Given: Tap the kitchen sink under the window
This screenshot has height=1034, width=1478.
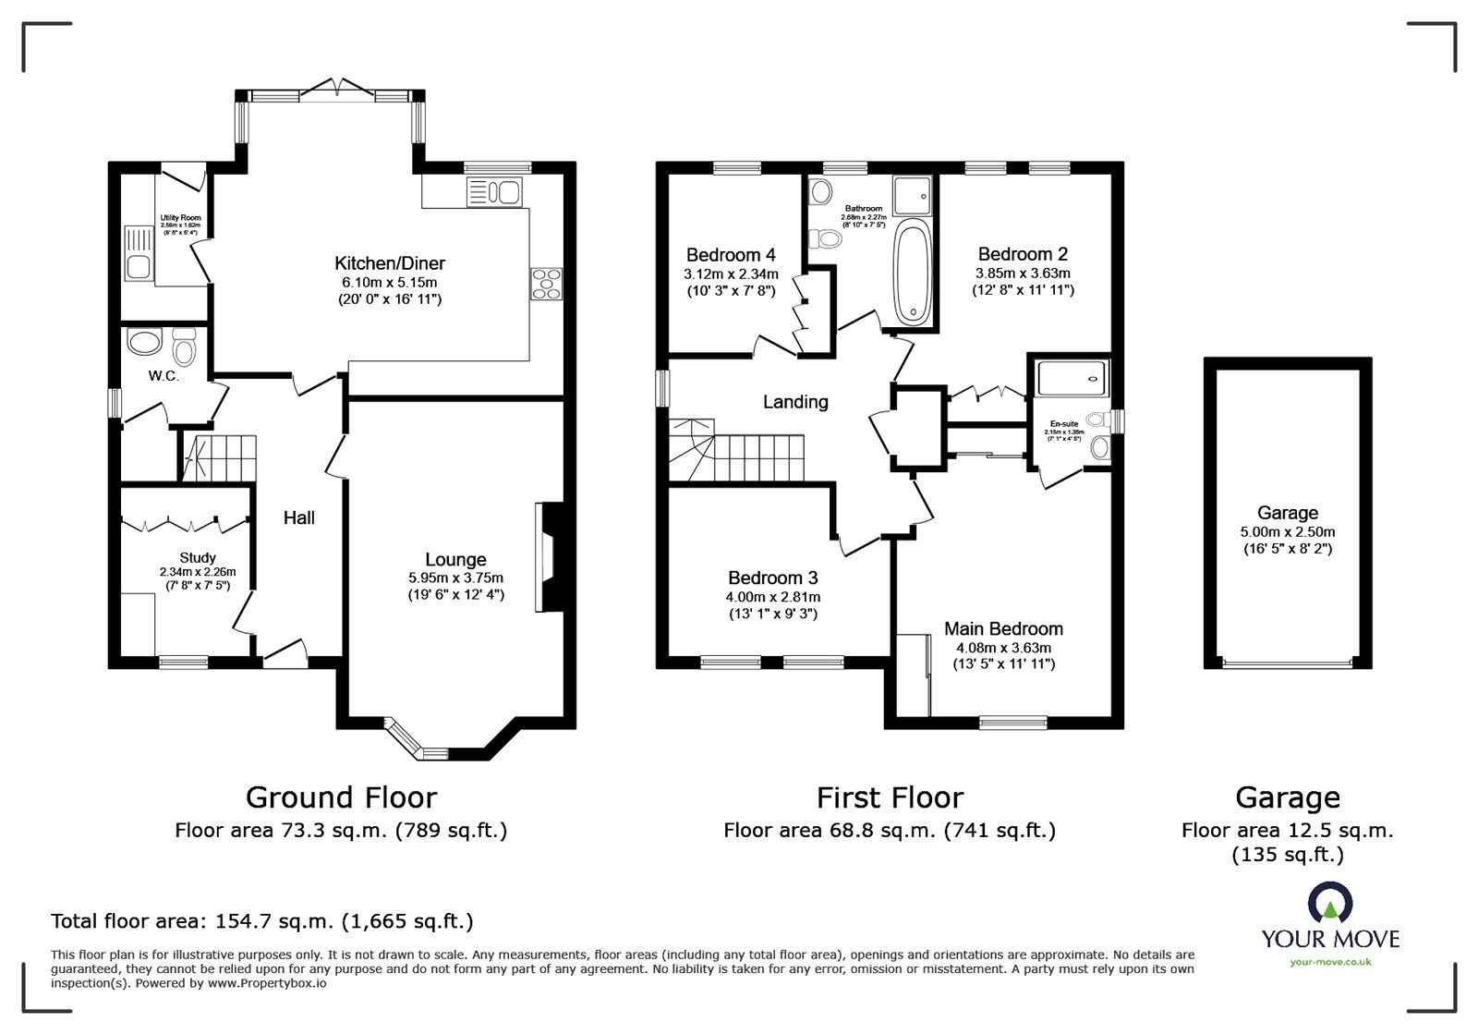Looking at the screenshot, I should tap(495, 192).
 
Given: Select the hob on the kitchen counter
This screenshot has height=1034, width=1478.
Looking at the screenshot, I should tap(546, 283).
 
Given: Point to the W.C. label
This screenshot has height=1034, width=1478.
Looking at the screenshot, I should tap(164, 376).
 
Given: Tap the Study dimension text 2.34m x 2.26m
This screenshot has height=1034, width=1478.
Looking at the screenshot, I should tap(197, 572).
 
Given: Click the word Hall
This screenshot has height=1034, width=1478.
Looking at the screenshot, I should tap(298, 517).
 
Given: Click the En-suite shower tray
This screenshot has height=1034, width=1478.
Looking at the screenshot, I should tap(1071, 377).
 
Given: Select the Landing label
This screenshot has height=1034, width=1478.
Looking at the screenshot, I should tap(794, 401).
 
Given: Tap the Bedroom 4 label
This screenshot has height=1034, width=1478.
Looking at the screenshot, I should tap(730, 254).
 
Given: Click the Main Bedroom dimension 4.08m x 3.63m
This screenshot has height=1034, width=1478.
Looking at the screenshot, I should tap(1003, 648).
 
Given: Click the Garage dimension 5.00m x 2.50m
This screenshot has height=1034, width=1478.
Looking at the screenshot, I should tap(1287, 531).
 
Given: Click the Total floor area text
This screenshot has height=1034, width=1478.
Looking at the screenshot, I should tap(261, 920).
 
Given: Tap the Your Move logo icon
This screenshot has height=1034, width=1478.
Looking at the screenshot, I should tap(1330, 905).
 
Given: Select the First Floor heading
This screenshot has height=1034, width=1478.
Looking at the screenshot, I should tap(889, 797).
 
